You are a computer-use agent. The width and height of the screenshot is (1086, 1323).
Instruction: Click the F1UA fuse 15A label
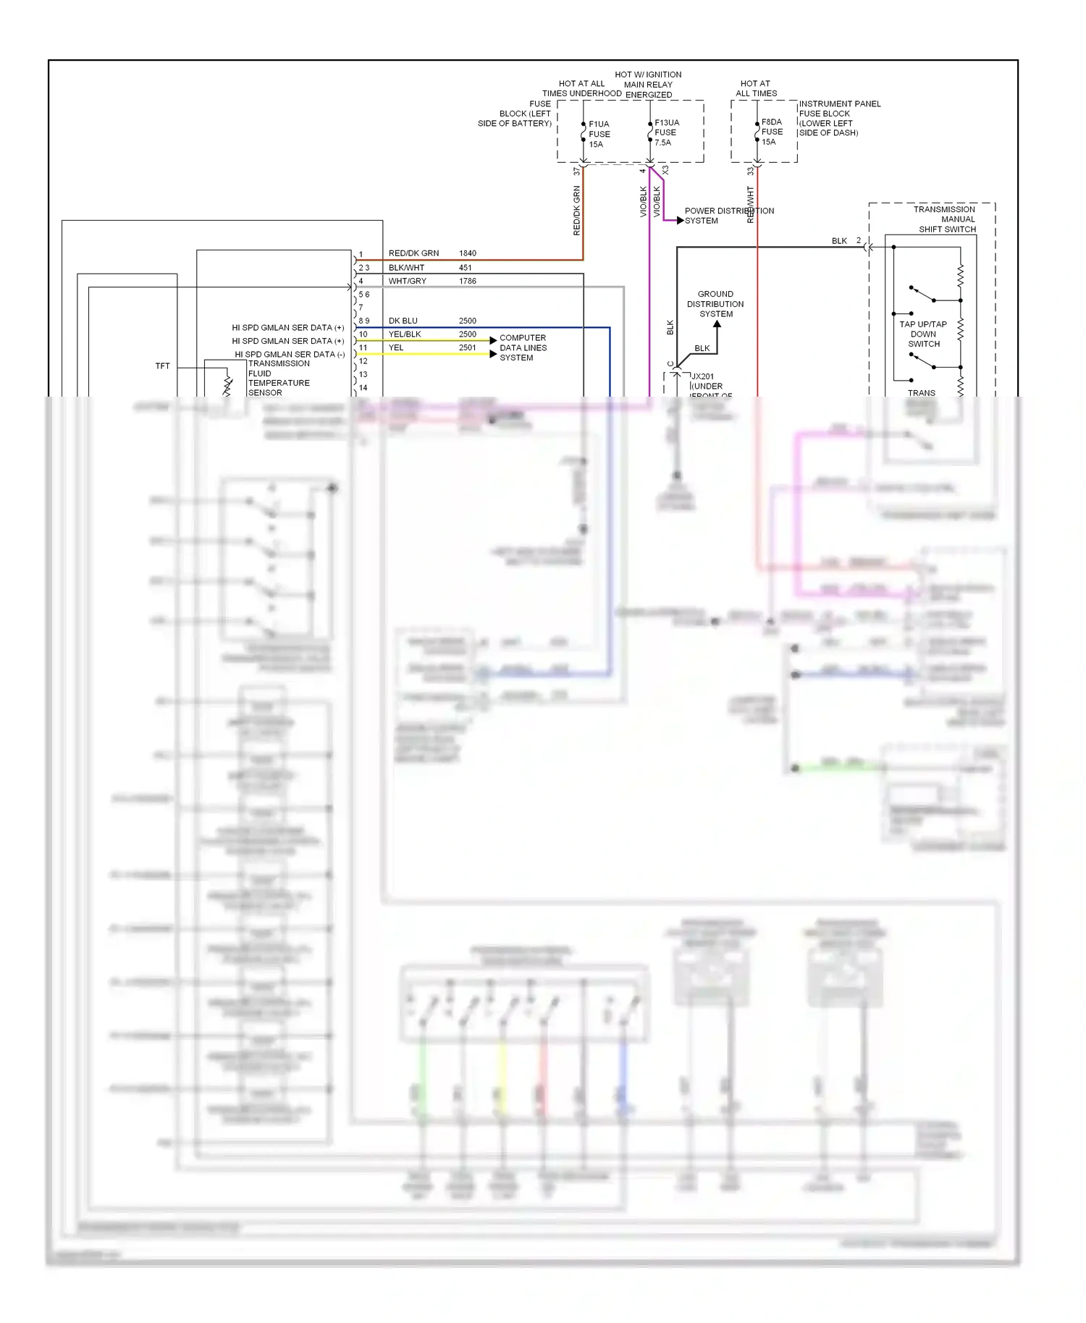(x=599, y=135)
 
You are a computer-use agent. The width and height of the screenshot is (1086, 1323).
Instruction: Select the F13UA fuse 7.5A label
(x=666, y=133)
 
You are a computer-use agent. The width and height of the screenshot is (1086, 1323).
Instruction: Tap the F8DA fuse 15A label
(x=771, y=132)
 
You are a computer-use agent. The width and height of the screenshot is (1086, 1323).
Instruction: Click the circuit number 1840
(x=467, y=253)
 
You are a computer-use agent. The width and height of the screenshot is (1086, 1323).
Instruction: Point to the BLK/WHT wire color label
(x=406, y=268)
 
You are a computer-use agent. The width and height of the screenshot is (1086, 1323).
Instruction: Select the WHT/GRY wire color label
(x=407, y=281)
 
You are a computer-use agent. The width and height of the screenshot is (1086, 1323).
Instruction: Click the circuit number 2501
(x=467, y=347)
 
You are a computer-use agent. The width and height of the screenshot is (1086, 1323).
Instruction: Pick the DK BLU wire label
(x=403, y=321)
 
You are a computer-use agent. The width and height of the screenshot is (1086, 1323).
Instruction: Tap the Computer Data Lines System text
(x=523, y=347)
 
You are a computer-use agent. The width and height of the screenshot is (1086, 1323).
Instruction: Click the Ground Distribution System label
(x=715, y=304)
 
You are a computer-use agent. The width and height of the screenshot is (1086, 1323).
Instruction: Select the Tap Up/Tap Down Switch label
(x=923, y=334)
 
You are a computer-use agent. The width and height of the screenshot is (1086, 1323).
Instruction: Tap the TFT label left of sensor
(x=162, y=366)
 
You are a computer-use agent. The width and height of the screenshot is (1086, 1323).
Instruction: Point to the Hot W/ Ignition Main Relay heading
(x=648, y=84)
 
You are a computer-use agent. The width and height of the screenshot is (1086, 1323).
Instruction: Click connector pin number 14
(x=363, y=388)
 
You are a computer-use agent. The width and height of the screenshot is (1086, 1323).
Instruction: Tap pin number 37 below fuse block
(x=576, y=172)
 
